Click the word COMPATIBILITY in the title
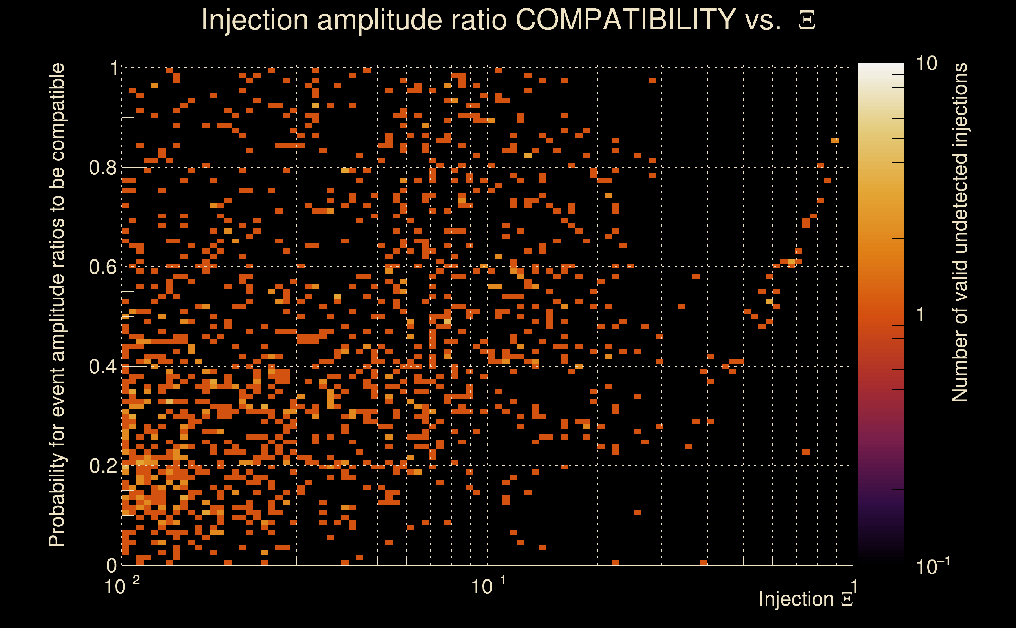(x=625, y=20)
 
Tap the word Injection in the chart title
(x=254, y=20)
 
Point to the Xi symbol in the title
(x=807, y=20)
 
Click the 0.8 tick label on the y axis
(x=102, y=168)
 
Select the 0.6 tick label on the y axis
(x=102, y=267)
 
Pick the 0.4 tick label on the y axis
(x=102, y=367)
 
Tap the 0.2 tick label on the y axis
(x=102, y=466)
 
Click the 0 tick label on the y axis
(x=111, y=565)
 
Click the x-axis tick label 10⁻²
(x=122, y=586)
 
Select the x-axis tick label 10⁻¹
(x=488, y=586)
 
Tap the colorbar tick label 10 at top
(x=926, y=64)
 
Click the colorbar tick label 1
(x=921, y=314)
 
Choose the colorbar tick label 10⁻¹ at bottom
(x=932, y=566)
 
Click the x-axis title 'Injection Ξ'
(x=806, y=599)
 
